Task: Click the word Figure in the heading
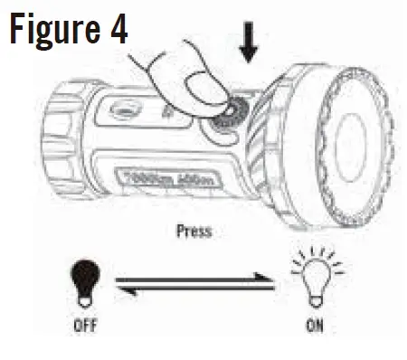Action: [55, 29]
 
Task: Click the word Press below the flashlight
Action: [194, 232]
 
